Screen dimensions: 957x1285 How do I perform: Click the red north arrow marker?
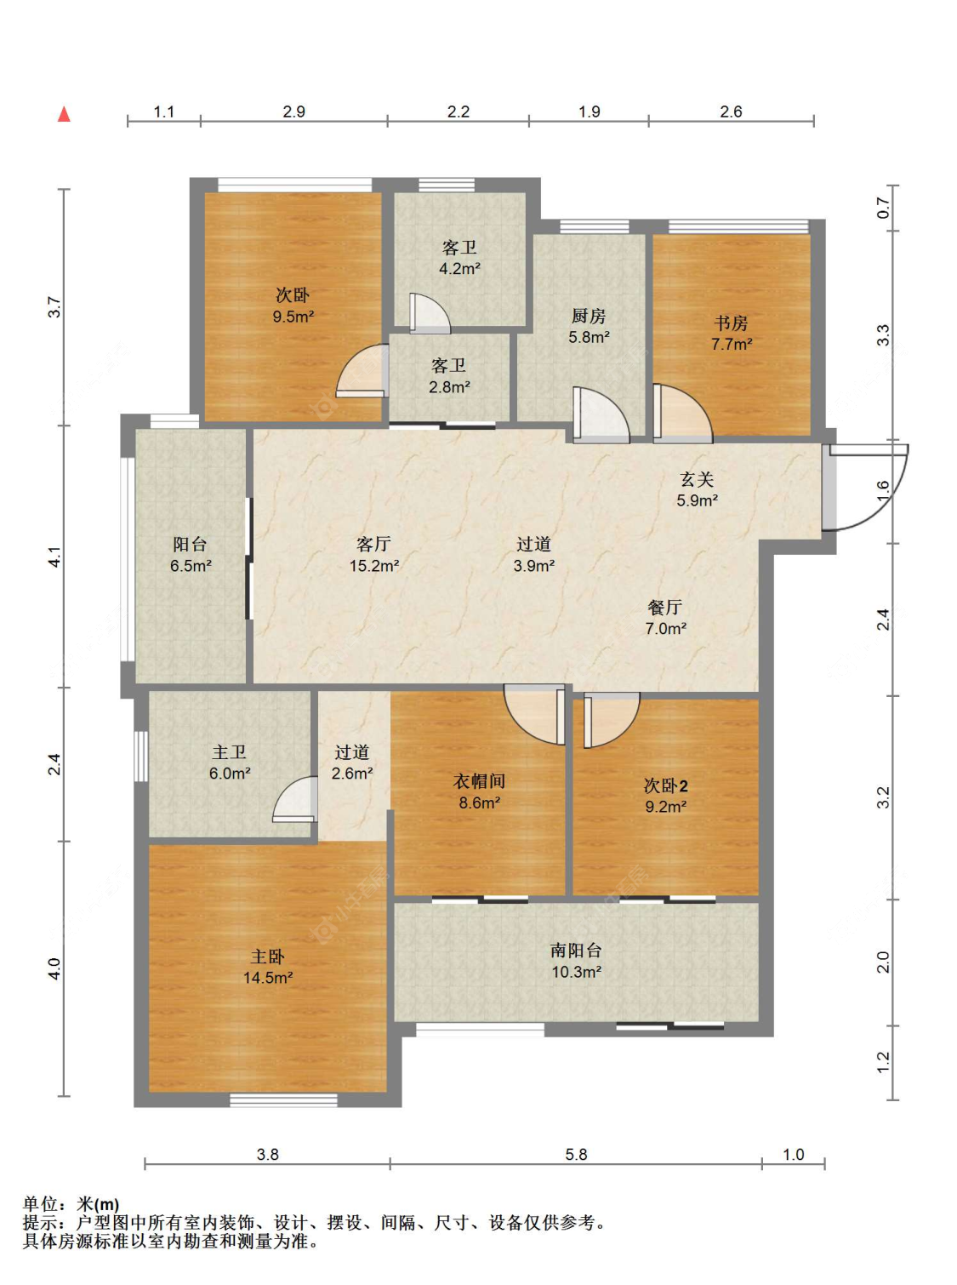(65, 114)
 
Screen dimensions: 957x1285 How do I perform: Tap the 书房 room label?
(731, 323)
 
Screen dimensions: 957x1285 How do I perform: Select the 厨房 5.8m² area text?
(589, 337)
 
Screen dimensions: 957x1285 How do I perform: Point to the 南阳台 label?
(576, 951)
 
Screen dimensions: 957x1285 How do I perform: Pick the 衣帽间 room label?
(479, 781)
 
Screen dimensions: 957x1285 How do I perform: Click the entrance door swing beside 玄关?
(869, 488)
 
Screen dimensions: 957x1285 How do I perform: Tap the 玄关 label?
(697, 479)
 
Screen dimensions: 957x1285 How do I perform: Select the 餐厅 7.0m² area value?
(666, 628)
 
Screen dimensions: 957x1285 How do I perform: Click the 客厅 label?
(373, 544)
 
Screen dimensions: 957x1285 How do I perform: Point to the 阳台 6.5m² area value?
(191, 565)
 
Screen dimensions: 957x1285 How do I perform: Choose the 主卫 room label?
(230, 752)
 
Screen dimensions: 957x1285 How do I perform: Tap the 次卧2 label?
(666, 785)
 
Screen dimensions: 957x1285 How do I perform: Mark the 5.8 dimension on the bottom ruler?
(577, 1155)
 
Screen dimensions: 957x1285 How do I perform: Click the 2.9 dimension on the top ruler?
(293, 111)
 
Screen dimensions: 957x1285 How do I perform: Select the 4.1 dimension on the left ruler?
(54, 557)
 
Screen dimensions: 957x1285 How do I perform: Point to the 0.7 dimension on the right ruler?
(882, 208)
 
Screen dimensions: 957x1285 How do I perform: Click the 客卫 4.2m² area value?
(460, 268)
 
